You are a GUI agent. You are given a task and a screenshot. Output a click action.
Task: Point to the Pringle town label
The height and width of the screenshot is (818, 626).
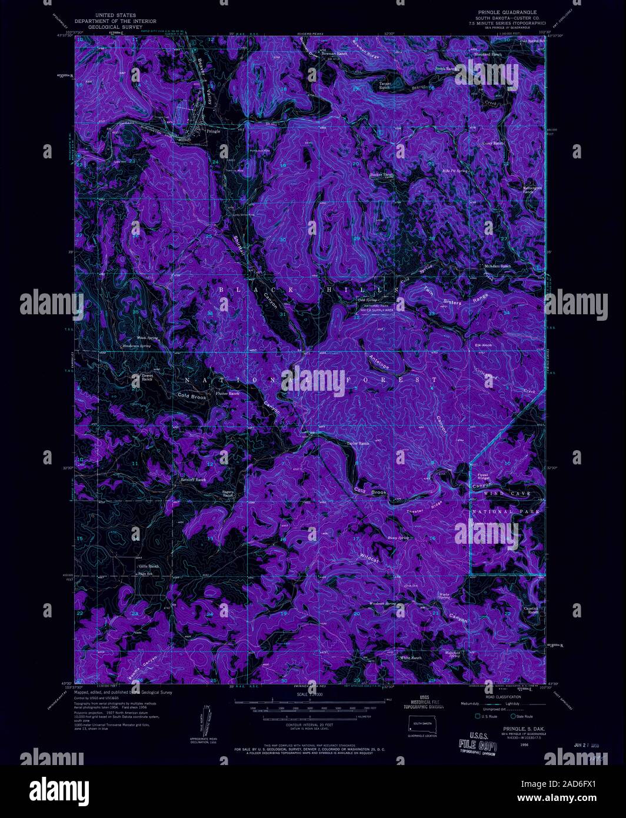coord(213,131)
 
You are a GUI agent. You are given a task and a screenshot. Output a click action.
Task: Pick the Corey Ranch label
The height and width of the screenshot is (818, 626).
coord(494,143)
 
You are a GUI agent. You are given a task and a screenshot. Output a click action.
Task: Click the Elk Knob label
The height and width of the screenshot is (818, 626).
coord(475,345)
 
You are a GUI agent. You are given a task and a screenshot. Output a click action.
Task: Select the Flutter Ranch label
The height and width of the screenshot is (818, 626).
coord(228,393)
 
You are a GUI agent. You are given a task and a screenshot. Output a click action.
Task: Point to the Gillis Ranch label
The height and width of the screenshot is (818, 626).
coord(148,566)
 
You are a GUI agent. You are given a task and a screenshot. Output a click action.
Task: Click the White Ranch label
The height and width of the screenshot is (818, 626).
coord(411,657)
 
